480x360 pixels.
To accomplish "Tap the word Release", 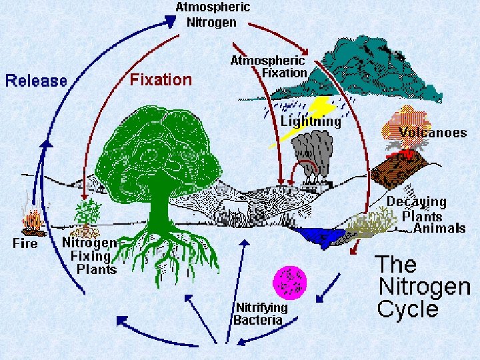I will point(37,81).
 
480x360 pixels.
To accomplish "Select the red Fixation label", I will point(161,80).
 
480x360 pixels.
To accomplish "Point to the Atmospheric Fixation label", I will point(269,66).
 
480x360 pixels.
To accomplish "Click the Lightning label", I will point(311,121).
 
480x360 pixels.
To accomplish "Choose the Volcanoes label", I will point(432,132).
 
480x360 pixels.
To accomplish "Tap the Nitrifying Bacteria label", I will point(260,313).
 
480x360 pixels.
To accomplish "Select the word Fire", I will point(25,243).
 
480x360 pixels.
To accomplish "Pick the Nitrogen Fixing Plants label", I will point(91,256).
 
